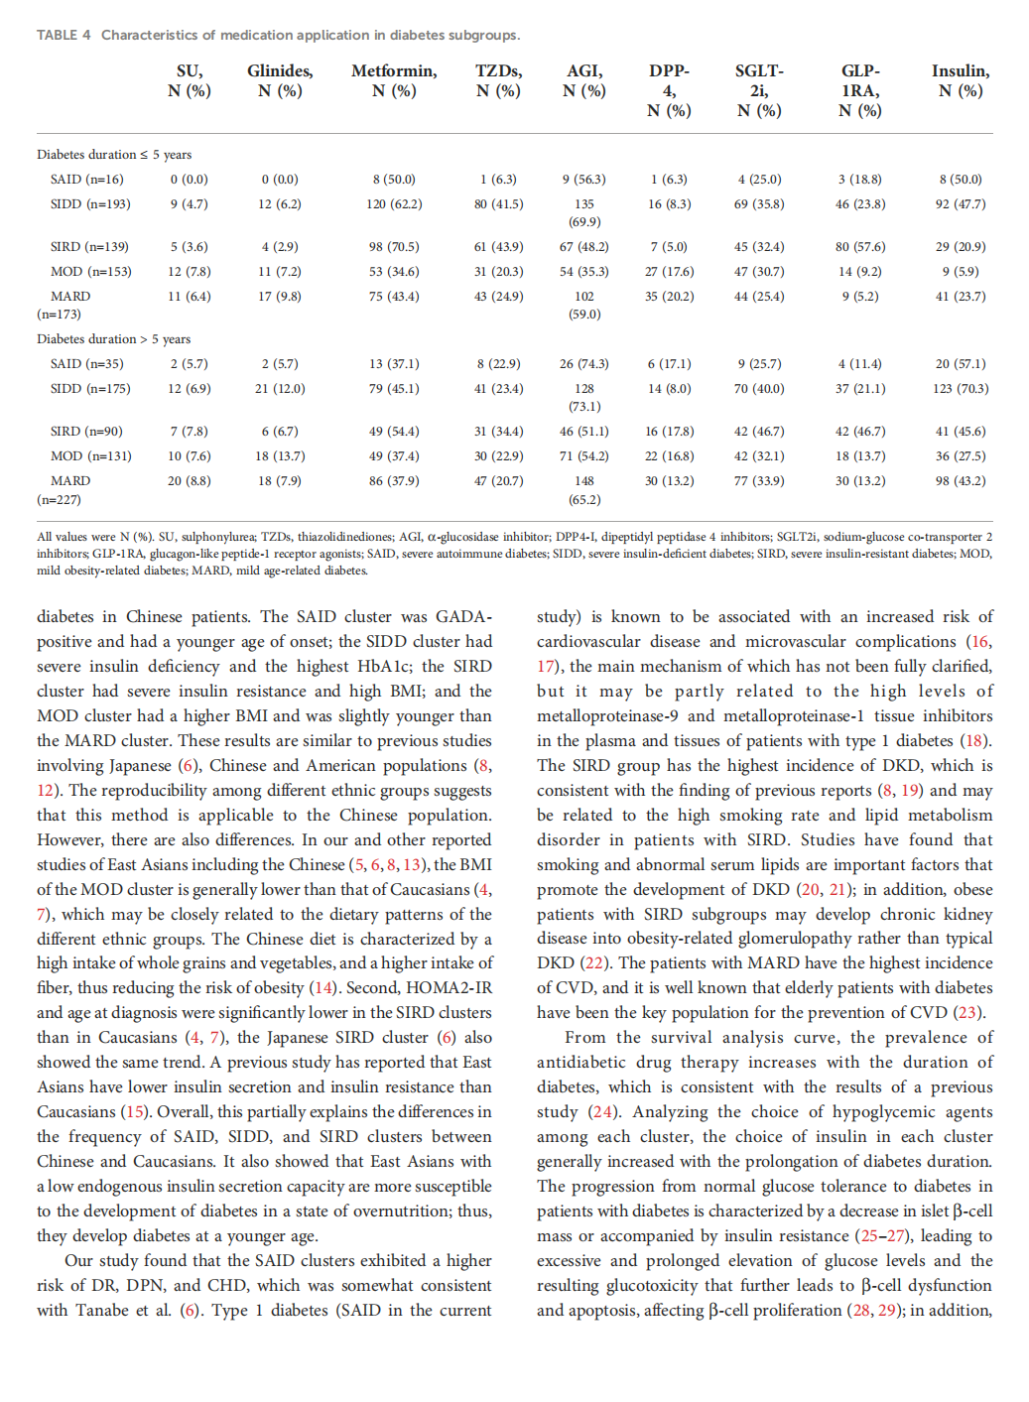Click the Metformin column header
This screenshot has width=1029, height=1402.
(394, 80)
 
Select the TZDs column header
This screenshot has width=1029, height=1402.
(498, 80)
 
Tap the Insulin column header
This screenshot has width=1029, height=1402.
(960, 80)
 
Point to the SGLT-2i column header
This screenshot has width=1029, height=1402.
(759, 90)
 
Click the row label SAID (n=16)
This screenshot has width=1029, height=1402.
(87, 180)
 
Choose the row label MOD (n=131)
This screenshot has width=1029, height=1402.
(91, 456)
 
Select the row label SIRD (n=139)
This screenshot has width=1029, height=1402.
(90, 247)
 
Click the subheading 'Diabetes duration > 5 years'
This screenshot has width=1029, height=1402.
(113, 339)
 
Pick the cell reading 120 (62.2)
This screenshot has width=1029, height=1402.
(394, 204)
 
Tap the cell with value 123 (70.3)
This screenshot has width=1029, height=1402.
(961, 389)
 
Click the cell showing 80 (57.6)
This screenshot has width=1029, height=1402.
(860, 247)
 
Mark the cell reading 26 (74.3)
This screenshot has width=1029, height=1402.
(584, 364)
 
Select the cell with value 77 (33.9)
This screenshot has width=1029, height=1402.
(759, 481)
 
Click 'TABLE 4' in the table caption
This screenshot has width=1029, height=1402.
(64, 35)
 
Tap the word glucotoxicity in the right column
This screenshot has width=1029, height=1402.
(653, 1286)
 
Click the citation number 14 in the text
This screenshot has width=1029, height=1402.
(322, 988)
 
